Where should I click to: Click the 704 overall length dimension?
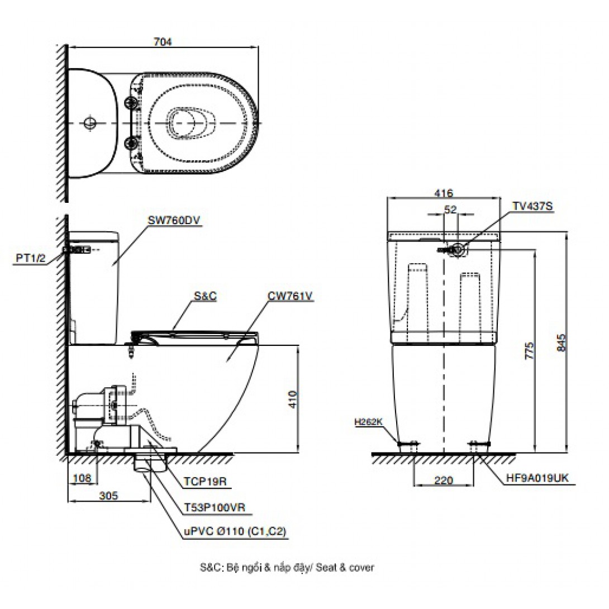162,41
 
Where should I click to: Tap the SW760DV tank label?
174,220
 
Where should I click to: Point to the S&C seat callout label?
205,297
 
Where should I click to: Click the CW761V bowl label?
289,297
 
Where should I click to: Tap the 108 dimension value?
82,478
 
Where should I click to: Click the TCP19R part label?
204,482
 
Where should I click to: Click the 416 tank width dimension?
443,193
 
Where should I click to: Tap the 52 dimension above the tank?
450,210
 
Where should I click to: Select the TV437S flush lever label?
532,206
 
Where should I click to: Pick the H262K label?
369,422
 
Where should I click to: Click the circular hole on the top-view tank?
89,122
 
